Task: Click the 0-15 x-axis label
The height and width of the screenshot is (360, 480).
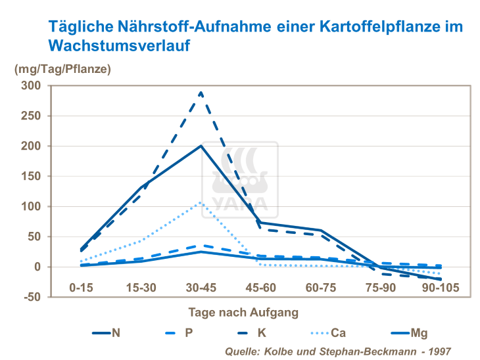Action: click(x=82, y=288)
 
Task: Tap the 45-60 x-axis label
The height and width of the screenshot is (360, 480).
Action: click(x=262, y=288)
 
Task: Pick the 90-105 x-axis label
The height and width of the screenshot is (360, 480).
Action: click(x=441, y=288)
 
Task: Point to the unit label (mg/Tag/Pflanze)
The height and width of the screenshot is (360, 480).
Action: click(x=63, y=68)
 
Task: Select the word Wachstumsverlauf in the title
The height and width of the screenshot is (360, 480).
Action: click(x=119, y=46)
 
